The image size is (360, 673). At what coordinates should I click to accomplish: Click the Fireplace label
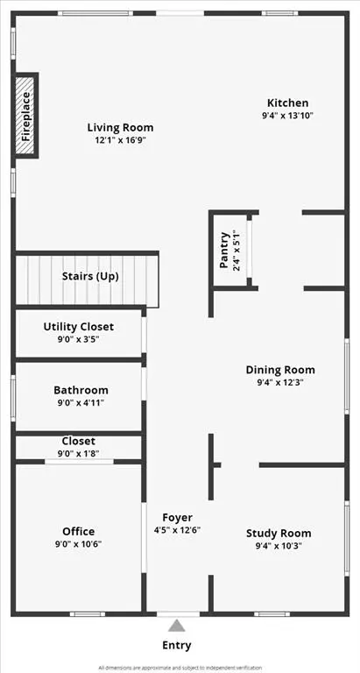26,117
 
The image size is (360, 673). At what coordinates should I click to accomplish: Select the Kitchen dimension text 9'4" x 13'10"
287,116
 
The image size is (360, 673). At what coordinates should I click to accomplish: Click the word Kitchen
287,103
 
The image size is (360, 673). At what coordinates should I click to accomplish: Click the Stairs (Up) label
90,276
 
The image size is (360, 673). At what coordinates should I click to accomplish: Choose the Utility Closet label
79,327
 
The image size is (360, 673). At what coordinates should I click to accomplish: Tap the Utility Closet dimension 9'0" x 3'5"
79,340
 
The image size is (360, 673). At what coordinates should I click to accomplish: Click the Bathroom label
81,390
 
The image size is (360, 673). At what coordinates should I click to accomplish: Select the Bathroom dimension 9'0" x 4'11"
81,403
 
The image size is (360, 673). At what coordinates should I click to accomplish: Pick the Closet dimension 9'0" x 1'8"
79,453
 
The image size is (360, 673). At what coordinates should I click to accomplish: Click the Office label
79,531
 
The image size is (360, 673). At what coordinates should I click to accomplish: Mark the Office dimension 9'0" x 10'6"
79,544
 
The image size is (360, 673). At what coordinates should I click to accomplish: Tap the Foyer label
178,517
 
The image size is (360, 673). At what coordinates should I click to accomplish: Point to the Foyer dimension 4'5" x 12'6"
178,530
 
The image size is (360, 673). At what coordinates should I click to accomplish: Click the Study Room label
279,533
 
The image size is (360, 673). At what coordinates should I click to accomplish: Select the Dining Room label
280,370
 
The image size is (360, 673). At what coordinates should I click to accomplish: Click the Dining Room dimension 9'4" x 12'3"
280,383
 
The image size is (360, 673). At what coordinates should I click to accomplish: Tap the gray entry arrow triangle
177,626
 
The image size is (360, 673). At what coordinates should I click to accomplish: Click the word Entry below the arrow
177,646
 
